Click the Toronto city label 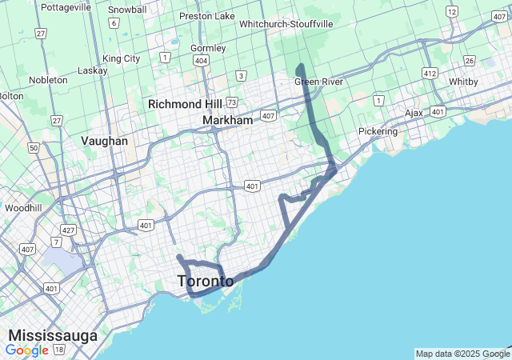[x=205, y=281]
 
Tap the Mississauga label [x=53, y=334]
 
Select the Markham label [x=227, y=120]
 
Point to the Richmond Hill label [x=185, y=104]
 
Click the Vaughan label [x=104, y=141]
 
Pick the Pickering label [x=378, y=131]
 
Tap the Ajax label [x=414, y=113]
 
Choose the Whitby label [x=462, y=82]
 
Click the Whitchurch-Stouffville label [x=286, y=24]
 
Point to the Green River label [x=318, y=82]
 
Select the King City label [x=122, y=58]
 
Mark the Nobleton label [x=48, y=80]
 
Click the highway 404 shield [x=202, y=61]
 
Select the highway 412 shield [x=430, y=74]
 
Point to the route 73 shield [x=231, y=102]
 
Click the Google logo [x=26, y=350]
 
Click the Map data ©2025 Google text [x=462, y=354]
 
